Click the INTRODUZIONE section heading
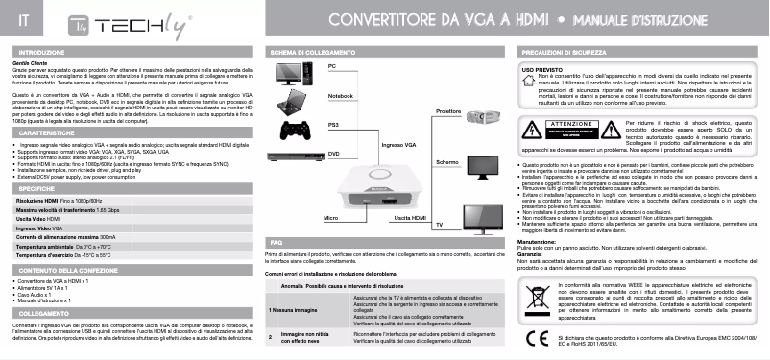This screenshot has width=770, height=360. pyautogui.click(x=40, y=51)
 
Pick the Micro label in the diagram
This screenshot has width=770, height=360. pyautogui.click(x=331, y=220)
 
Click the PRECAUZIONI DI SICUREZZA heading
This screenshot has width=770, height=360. pyautogui.click(x=565, y=51)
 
